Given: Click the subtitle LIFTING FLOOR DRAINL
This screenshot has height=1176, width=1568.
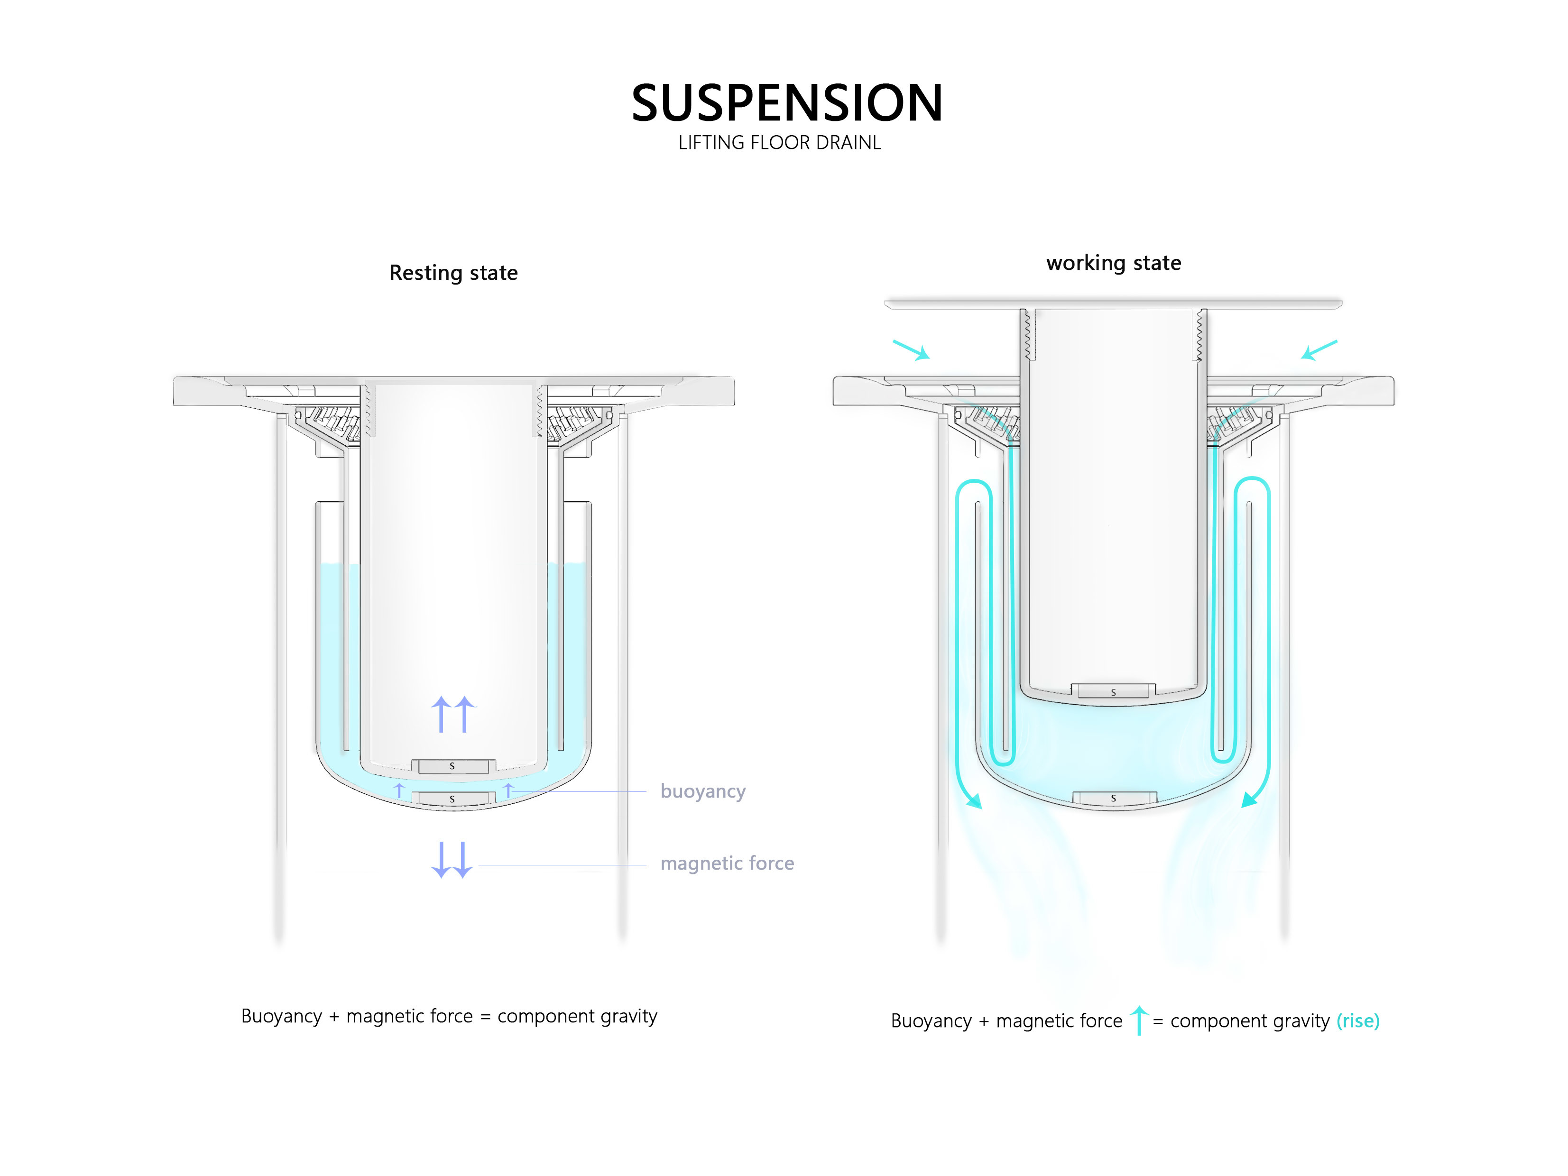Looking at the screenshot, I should pyautogui.click(x=779, y=143).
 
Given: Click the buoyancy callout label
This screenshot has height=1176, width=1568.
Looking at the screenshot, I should pyautogui.click(x=702, y=791).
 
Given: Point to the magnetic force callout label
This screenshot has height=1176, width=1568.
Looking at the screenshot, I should pyautogui.click(x=727, y=864).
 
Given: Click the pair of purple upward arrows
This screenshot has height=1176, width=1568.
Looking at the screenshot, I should pyautogui.click(x=452, y=714).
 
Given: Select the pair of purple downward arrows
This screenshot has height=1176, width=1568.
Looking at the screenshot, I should pyautogui.click(x=452, y=860).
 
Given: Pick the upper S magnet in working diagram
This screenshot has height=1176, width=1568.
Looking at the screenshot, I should pyautogui.click(x=1113, y=692).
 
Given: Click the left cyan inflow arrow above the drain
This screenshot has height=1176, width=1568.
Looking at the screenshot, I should pyautogui.click(x=912, y=350).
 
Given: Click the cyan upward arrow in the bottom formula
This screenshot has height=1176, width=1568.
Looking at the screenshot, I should pyautogui.click(x=1138, y=1021).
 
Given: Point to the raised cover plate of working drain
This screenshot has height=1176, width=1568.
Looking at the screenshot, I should pyautogui.click(x=1113, y=304).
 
